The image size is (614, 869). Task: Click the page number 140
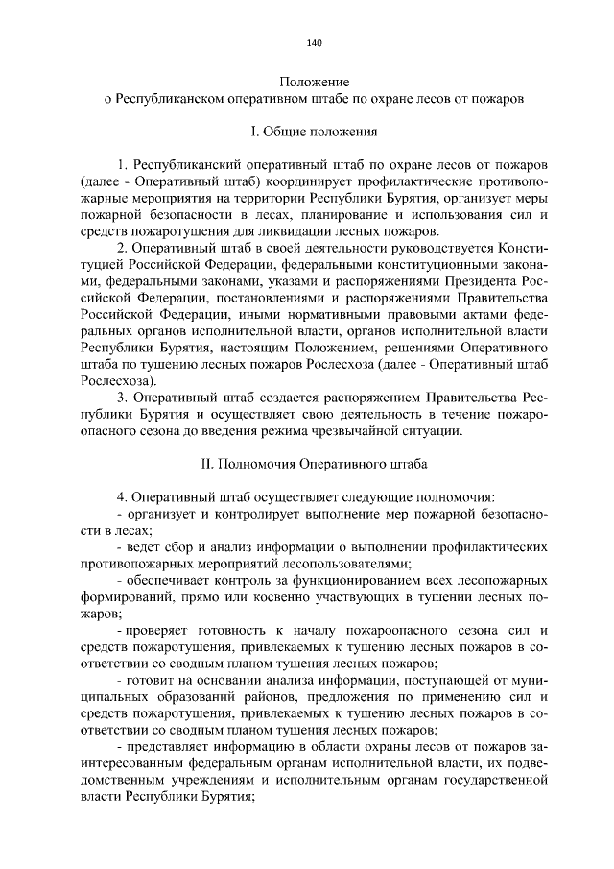pos(314,42)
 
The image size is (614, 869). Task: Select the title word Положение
pos(314,82)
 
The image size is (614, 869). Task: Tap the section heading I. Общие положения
pos(314,129)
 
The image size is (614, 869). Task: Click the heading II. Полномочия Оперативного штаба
pos(314,463)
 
